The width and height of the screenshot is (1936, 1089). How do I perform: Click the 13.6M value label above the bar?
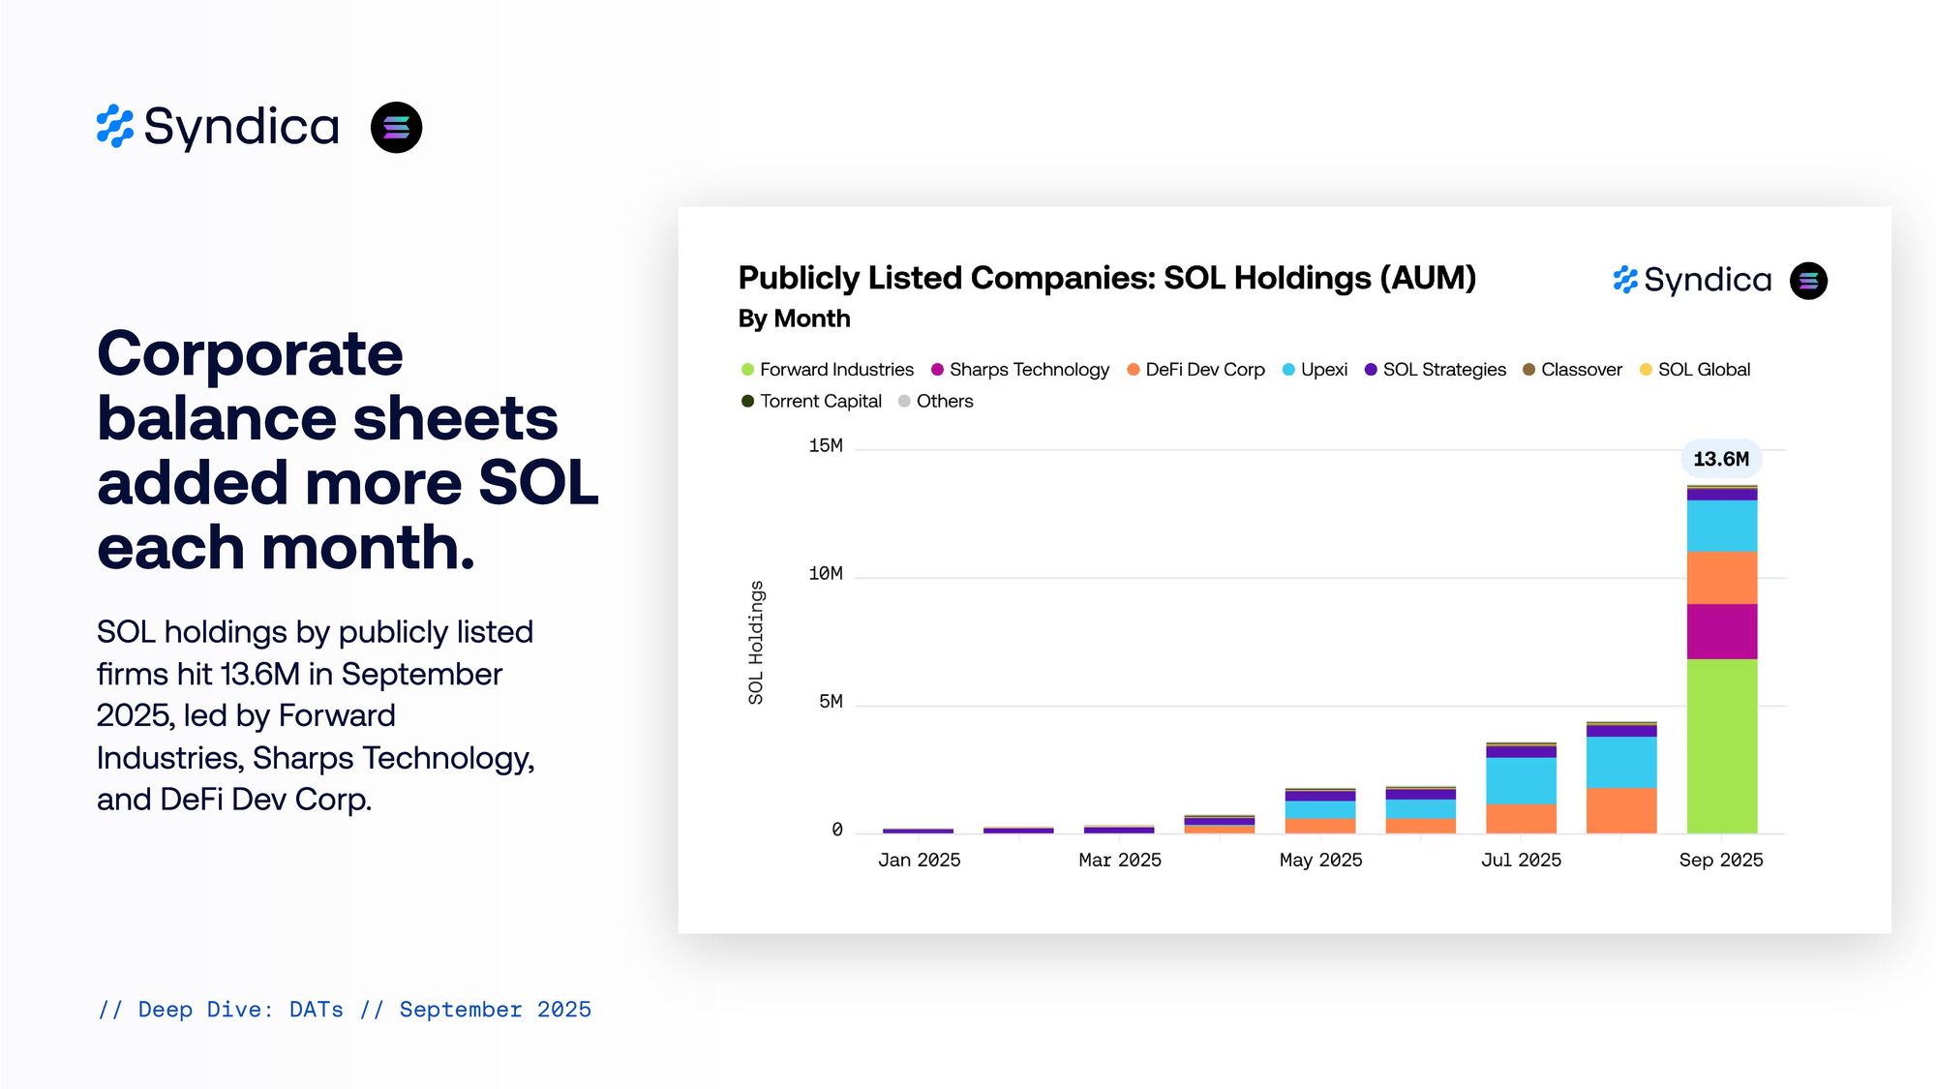[x=1721, y=459]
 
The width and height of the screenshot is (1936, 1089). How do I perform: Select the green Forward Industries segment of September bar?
[x=1721, y=745]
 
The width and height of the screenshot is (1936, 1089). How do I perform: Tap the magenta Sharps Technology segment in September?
[x=1721, y=631]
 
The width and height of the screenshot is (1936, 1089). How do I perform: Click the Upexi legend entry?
[x=1315, y=370]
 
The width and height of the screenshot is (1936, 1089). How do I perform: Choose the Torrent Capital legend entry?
[x=811, y=401]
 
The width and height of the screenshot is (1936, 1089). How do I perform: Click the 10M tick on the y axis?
[x=825, y=574]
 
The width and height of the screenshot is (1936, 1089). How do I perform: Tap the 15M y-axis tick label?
[x=825, y=445]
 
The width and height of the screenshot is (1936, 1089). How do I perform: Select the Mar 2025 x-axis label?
[x=1119, y=860]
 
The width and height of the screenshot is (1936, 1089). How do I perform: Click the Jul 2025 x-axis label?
[x=1521, y=860]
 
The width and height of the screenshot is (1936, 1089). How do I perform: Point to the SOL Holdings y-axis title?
[x=755, y=642]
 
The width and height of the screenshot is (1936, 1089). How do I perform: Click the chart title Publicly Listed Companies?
[x=1106, y=278]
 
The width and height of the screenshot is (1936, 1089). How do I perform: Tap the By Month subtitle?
[x=794, y=318]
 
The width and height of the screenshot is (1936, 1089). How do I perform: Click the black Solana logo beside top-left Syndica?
[x=396, y=128]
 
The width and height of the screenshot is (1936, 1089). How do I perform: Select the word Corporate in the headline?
[x=250, y=353]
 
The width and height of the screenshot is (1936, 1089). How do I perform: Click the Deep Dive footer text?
[x=344, y=1010]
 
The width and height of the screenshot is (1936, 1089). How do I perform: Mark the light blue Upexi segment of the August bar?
[x=1620, y=762]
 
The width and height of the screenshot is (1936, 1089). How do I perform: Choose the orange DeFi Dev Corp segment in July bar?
[x=1521, y=818]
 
